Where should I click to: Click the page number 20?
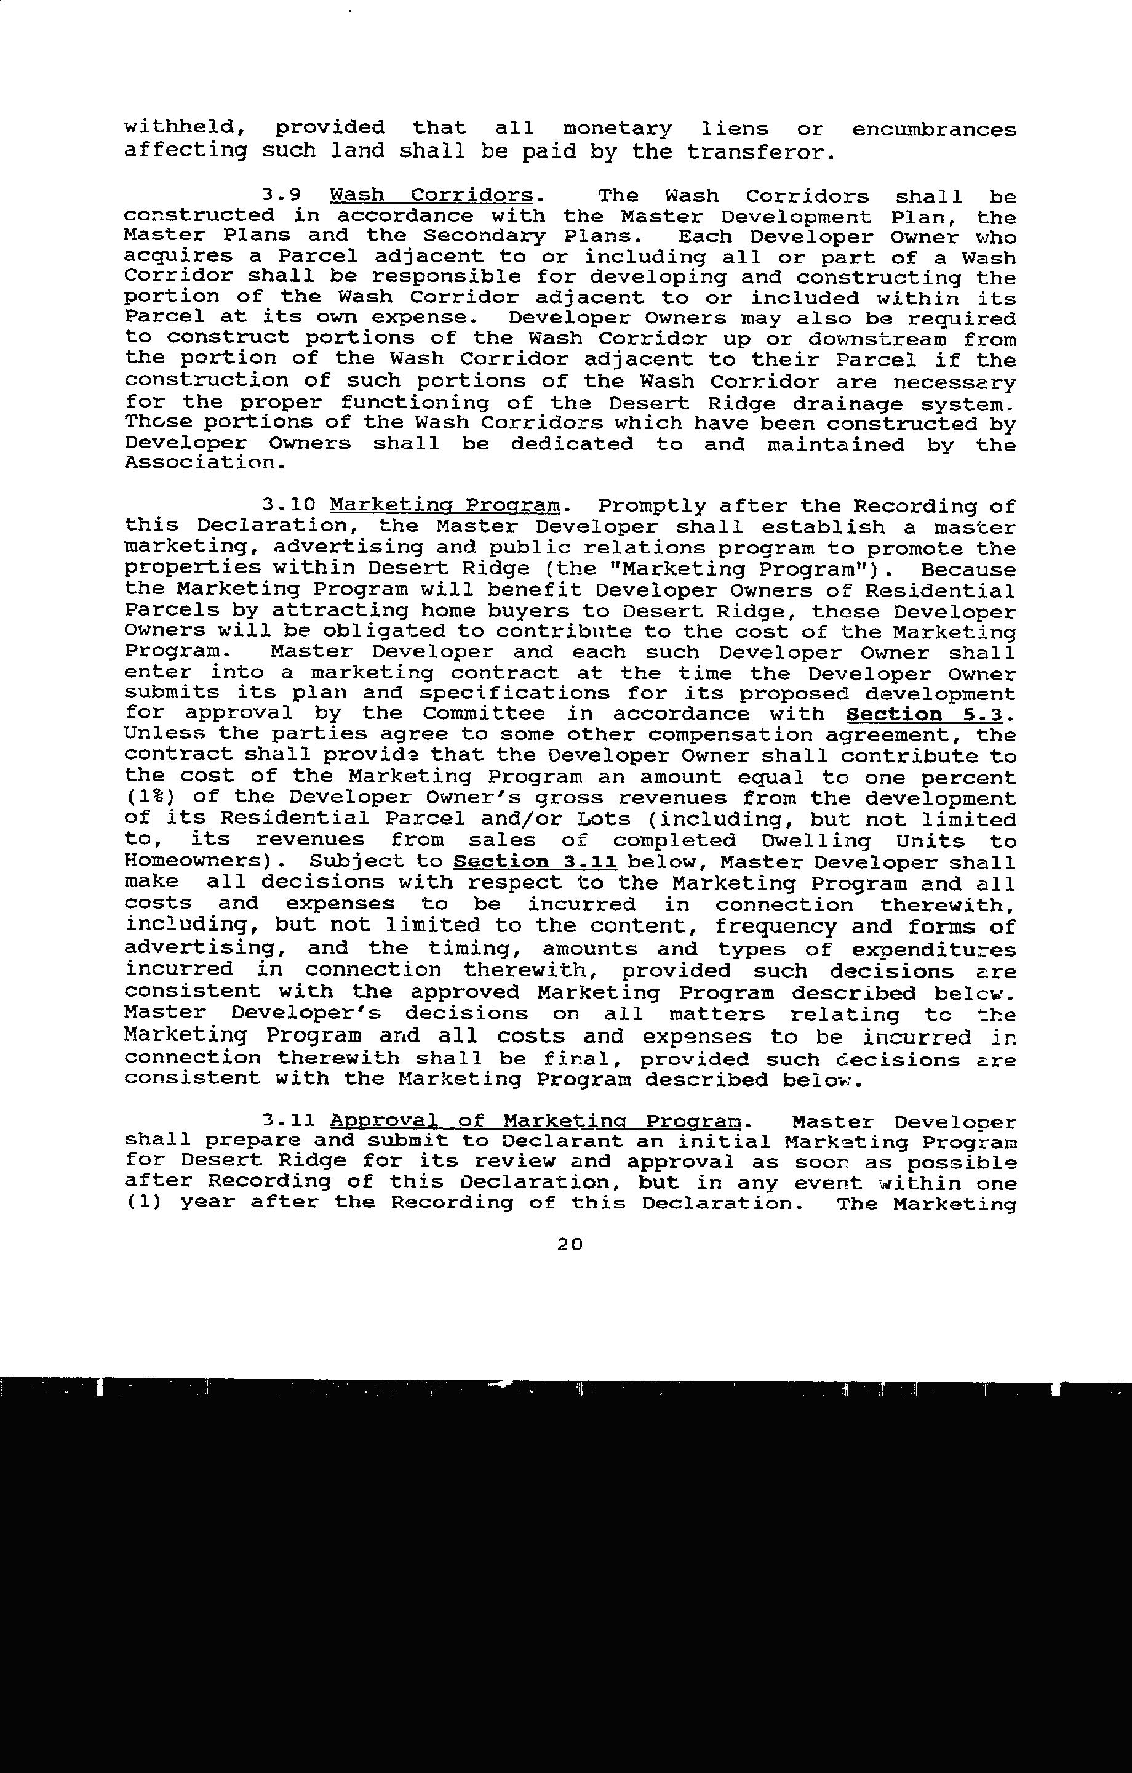[x=570, y=1244]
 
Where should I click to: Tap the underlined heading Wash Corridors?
[x=431, y=196]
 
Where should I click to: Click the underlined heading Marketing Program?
[x=445, y=506]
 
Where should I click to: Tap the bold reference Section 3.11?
[x=535, y=861]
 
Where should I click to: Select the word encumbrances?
[x=933, y=129]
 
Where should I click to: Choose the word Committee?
[x=484, y=714]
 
